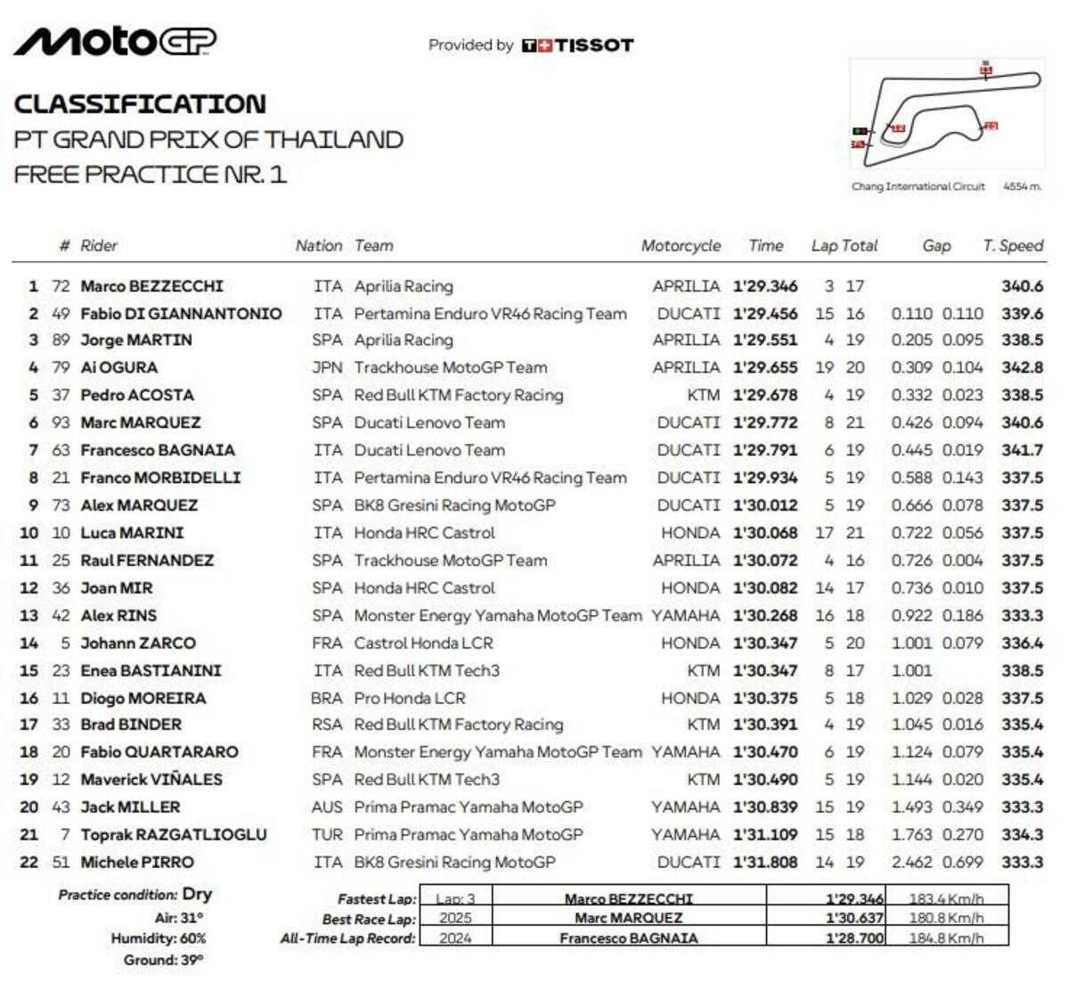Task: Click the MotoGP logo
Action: [115, 41]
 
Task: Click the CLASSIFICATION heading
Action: [140, 104]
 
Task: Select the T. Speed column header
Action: [1013, 246]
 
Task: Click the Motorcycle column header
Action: [681, 246]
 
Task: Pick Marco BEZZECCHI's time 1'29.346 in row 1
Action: [765, 286]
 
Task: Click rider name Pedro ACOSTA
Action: [137, 395]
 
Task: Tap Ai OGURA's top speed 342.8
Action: [1022, 367]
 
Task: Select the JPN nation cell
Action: [327, 367]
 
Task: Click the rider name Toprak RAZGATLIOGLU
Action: [174, 835]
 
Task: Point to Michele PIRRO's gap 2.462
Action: [911, 863]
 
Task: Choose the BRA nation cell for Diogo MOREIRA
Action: [327, 698]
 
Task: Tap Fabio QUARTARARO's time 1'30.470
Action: [765, 752]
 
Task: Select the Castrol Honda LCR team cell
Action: [423, 643]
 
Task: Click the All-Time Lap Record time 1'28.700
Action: [854, 938]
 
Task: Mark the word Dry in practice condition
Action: [197, 894]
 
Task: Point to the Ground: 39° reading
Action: [163, 960]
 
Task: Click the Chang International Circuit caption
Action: [918, 187]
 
